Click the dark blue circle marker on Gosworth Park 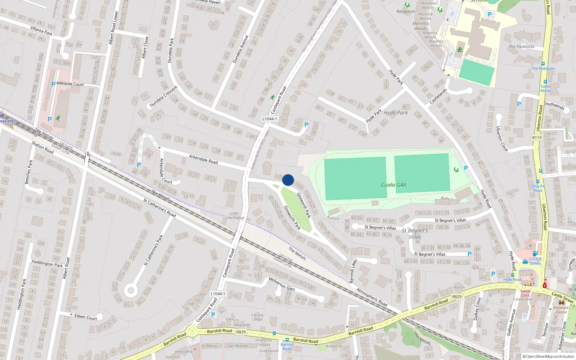point(288,180)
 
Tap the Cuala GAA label point(393,185)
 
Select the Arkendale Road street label point(203,159)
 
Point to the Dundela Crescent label point(163,96)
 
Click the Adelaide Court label point(70,84)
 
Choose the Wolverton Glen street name point(282,284)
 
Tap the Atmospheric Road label point(372,297)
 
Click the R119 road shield point(537,138)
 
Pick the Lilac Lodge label point(234,217)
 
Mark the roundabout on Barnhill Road point(192,331)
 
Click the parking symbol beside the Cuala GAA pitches point(466,168)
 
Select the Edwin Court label point(86,317)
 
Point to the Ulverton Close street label point(502,139)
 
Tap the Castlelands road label point(438,96)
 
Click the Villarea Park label point(41,31)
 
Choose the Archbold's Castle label point(562,310)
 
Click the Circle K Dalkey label point(535,261)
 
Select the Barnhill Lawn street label point(353,271)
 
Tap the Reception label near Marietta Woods point(406,12)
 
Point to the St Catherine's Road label point(159,208)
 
